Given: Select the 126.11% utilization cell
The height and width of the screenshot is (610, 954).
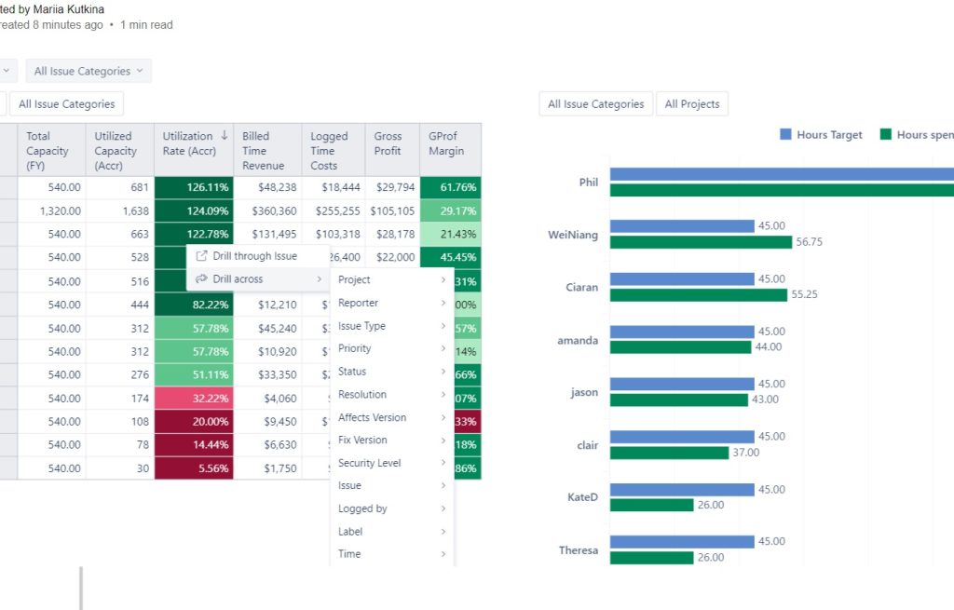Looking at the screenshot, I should (x=194, y=187).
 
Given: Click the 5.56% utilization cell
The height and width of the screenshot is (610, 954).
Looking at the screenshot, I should (x=194, y=468).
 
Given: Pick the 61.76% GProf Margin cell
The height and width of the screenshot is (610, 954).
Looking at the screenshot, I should (x=451, y=187).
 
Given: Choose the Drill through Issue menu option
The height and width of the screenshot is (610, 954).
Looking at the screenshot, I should (x=254, y=256).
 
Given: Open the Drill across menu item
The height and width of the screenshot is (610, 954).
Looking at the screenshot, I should (x=238, y=279).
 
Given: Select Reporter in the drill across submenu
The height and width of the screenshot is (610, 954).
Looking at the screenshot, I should (x=359, y=303).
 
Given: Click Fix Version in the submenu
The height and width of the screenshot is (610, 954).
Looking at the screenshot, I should (x=362, y=440).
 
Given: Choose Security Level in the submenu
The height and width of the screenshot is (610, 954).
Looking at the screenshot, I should (x=369, y=463).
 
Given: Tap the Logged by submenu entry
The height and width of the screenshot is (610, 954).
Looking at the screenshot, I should (x=362, y=508).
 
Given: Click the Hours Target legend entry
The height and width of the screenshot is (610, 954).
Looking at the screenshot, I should (x=821, y=135).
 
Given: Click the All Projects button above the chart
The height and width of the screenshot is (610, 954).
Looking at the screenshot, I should (x=691, y=104).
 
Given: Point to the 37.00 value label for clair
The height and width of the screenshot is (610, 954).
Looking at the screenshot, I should (x=746, y=453).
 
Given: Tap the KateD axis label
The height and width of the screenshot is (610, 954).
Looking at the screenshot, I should (x=582, y=497).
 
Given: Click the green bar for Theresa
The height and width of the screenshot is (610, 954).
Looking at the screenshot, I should (x=652, y=558).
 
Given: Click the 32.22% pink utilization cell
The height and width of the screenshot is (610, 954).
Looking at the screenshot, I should (x=194, y=399).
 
